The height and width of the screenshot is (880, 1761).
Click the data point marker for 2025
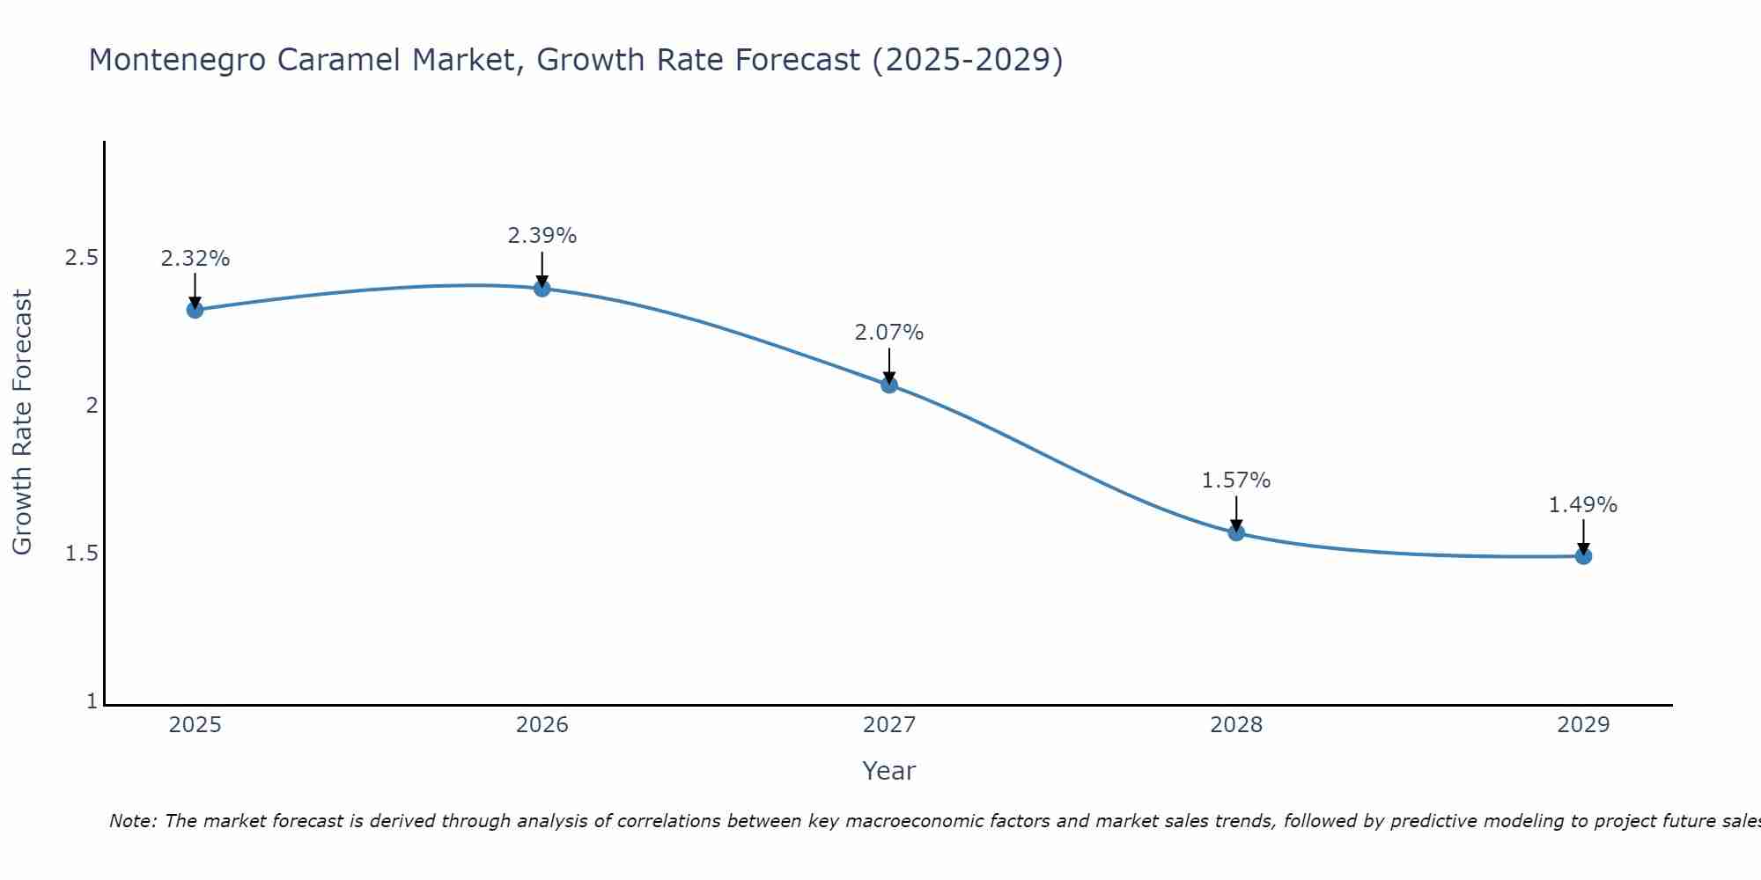[x=195, y=310]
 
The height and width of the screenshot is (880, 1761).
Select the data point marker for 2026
[x=542, y=288]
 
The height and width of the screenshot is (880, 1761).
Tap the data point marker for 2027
[x=888, y=385]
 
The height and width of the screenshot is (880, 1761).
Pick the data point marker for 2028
[x=1235, y=532]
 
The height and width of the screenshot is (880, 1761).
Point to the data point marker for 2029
[x=1582, y=556]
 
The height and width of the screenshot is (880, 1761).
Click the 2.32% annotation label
[x=195, y=259]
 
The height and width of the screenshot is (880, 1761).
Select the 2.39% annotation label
[x=542, y=236]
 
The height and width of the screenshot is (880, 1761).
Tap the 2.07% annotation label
[x=888, y=333]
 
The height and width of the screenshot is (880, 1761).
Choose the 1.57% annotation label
[x=1235, y=480]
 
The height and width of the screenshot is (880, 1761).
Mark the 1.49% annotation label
[x=1582, y=505]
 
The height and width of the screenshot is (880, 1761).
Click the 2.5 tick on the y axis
[x=81, y=258]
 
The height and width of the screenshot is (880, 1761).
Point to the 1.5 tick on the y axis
[x=81, y=554]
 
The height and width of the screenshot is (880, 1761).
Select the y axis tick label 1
[x=92, y=701]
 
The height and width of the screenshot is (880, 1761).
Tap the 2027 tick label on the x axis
[x=888, y=725]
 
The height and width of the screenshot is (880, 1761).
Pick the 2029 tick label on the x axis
[x=1582, y=725]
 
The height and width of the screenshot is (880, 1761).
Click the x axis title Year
[x=888, y=771]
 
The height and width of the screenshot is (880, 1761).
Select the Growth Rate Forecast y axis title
[x=22, y=422]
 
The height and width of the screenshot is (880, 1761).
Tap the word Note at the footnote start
[x=132, y=821]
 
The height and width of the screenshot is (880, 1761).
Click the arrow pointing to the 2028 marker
[x=1235, y=513]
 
